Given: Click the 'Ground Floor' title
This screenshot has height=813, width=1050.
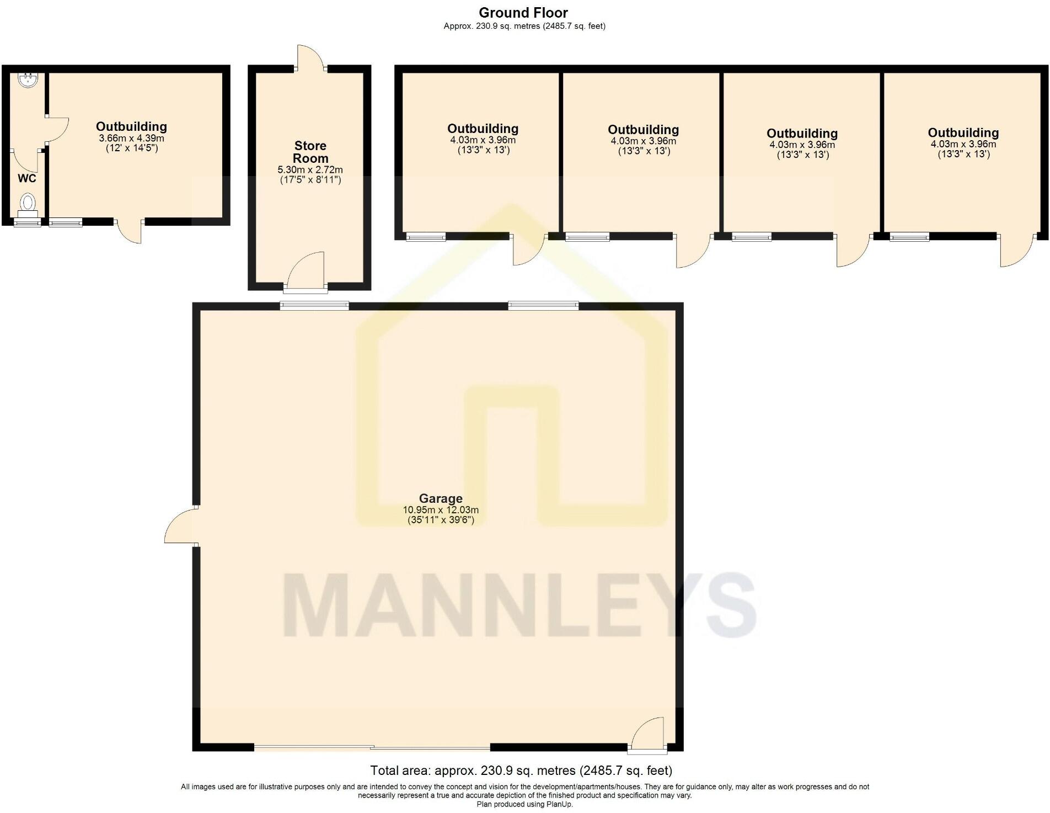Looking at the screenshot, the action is pos(523,12).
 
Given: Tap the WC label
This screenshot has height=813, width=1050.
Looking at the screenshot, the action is pos(27,178).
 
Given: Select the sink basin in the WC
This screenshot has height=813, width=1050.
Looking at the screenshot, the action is pos(28,81).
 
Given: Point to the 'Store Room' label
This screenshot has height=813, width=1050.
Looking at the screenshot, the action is pos(310,152).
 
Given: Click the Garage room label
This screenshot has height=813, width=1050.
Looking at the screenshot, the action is pos(441,499).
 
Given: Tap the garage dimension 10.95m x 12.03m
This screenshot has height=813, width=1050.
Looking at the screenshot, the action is pos(441,510).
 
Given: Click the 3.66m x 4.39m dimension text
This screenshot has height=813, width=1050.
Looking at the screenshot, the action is pos(131,138).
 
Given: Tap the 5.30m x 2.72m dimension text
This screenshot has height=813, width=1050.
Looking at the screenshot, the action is pos(310,170).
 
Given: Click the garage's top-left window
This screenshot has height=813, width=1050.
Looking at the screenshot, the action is pos(314,305).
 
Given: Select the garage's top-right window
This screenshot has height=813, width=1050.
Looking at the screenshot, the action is pos(543,305).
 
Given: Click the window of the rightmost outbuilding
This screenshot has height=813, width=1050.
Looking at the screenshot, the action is pos(909,237).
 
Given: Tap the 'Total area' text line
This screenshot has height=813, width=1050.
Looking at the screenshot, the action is pos(521,770).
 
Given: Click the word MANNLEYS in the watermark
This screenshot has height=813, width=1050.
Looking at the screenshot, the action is pos(520,605).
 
